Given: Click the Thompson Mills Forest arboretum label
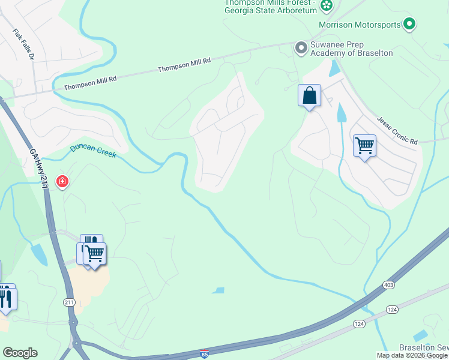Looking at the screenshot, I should (270, 7).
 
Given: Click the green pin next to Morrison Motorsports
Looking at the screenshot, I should (409, 24).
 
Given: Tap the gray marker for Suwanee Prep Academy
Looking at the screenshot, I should (301, 47).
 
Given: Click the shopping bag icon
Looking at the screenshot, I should (309, 95).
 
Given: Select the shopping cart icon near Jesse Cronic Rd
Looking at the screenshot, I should (364, 145).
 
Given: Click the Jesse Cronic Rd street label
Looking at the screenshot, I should (397, 131).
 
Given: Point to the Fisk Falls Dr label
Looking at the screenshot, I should (24, 44).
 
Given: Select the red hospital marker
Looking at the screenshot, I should (62, 181).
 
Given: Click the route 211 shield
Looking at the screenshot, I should (69, 302).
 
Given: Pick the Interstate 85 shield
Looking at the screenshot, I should (204, 353).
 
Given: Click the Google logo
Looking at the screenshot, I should (20, 353).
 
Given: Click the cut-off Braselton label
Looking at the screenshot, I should (424, 348).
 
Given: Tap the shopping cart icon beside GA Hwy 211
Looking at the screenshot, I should (94, 254).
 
